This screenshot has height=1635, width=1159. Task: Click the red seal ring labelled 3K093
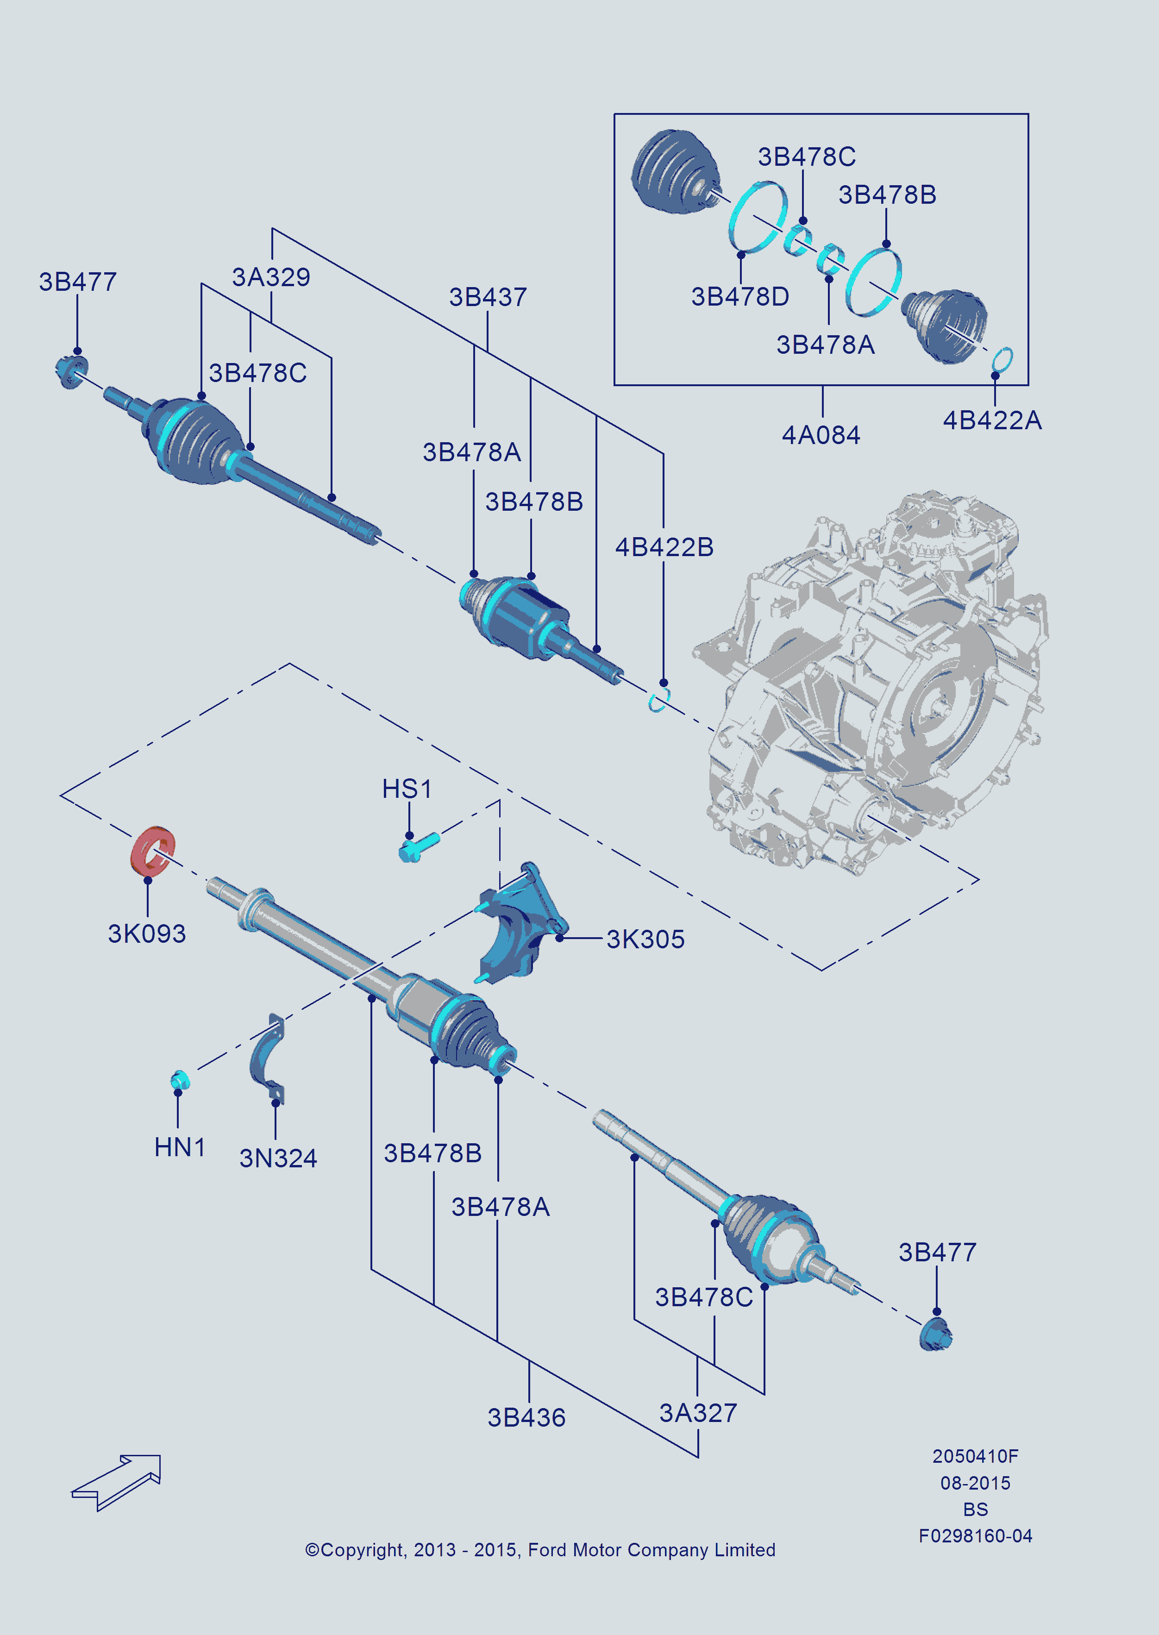click(152, 850)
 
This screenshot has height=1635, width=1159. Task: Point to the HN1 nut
click(180, 1080)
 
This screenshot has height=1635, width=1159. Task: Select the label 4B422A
click(992, 420)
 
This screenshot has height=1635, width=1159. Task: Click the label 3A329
click(271, 277)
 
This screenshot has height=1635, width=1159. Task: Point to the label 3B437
click(488, 297)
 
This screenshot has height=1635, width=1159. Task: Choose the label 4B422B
click(664, 547)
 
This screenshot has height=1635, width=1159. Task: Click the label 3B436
click(526, 1417)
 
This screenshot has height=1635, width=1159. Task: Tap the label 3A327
click(698, 1412)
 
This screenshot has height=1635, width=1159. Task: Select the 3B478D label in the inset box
click(740, 297)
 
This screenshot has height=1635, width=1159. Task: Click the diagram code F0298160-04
click(975, 1536)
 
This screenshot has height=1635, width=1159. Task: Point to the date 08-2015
click(975, 1483)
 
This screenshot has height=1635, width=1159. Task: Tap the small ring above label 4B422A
click(1002, 359)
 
